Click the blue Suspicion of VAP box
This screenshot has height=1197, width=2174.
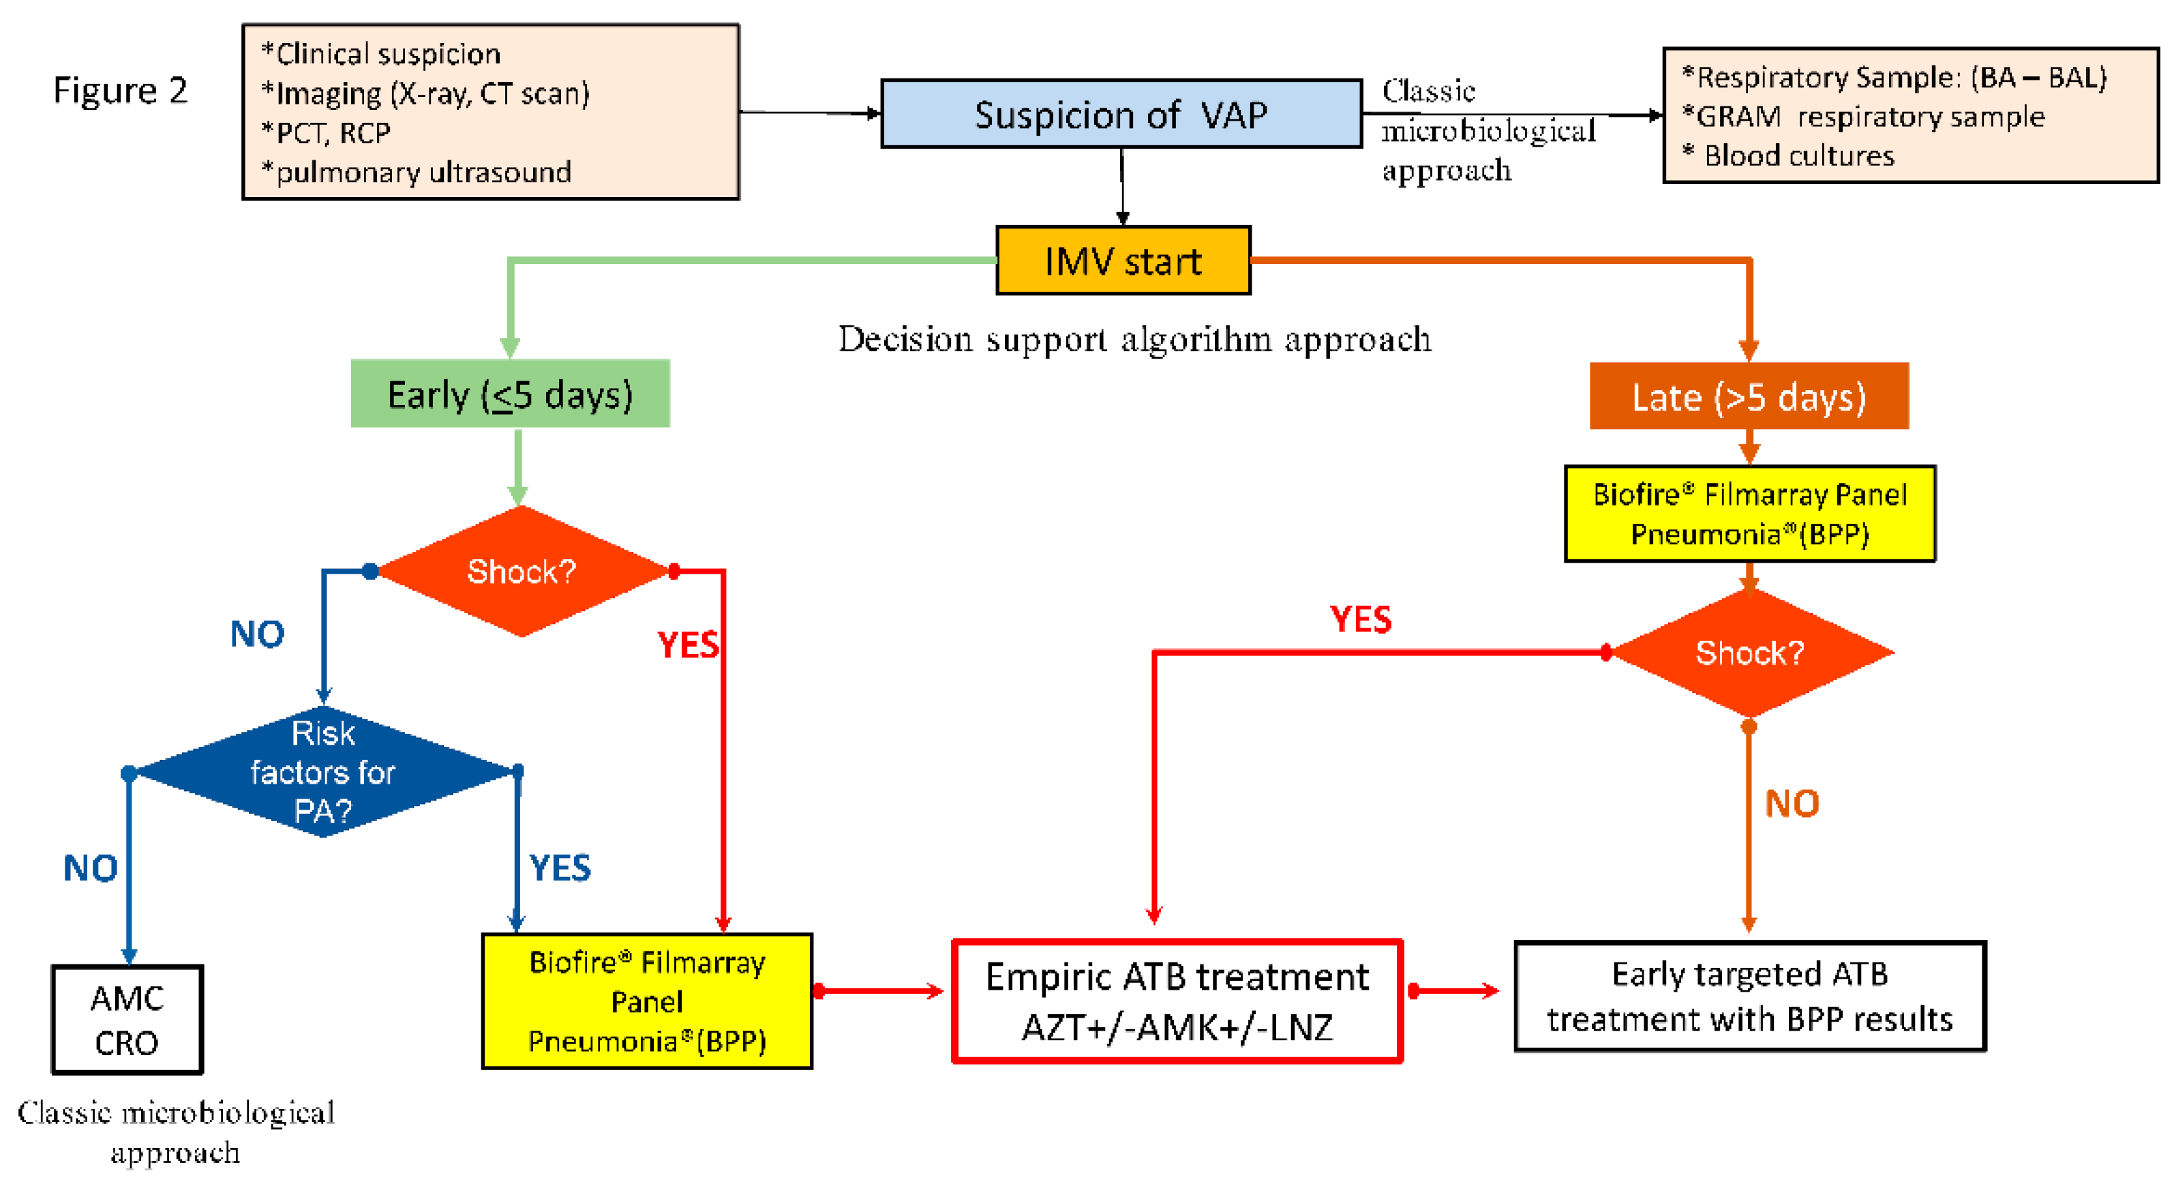click(1121, 114)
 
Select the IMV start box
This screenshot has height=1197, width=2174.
click(1123, 260)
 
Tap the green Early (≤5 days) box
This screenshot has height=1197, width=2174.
click(511, 394)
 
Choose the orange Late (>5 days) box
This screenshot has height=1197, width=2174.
click(1749, 396)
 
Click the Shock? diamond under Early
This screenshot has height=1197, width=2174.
click(522, 572)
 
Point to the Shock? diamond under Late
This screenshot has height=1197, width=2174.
click(1749, 653)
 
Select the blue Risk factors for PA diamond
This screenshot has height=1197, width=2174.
click(323, 771)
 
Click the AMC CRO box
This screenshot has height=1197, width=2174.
click(127, 1020)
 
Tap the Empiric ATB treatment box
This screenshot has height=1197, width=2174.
click(1177, 1001)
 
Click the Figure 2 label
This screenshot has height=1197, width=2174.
click(120, 90)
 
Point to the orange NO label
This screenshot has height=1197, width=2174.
click(1792, 803)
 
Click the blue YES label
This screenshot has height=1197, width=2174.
click(560, 868)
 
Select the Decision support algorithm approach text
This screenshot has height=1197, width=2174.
click(1135, 340)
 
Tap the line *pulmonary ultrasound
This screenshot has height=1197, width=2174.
click(416, 172)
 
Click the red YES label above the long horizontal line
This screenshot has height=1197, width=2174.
click(1361, 619)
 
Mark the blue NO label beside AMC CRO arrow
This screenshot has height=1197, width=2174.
click(90, 868)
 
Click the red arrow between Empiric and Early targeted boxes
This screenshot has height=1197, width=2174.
click(1454, 991)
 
